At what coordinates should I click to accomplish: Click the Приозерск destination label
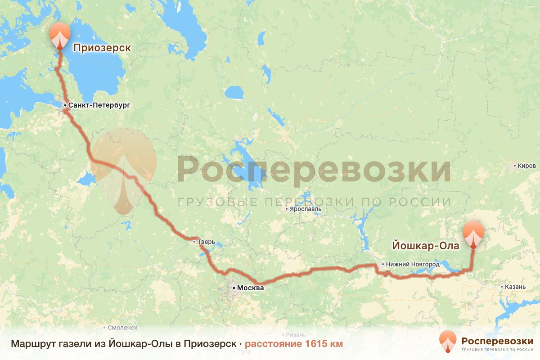102,48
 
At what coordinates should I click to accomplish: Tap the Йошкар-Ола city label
426,246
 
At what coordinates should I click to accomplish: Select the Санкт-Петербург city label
99,105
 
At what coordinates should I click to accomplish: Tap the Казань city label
515,287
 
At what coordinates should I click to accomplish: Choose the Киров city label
527,166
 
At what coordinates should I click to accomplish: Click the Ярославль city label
306,209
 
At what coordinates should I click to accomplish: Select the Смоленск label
122,328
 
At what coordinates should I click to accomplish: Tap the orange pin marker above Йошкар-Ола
473,234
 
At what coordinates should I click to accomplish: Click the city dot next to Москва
234,287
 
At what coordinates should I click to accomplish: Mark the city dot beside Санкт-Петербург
65,105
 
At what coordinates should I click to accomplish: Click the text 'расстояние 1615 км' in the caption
294,344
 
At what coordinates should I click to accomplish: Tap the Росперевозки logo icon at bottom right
447,342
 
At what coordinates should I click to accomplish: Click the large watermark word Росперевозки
314,170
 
